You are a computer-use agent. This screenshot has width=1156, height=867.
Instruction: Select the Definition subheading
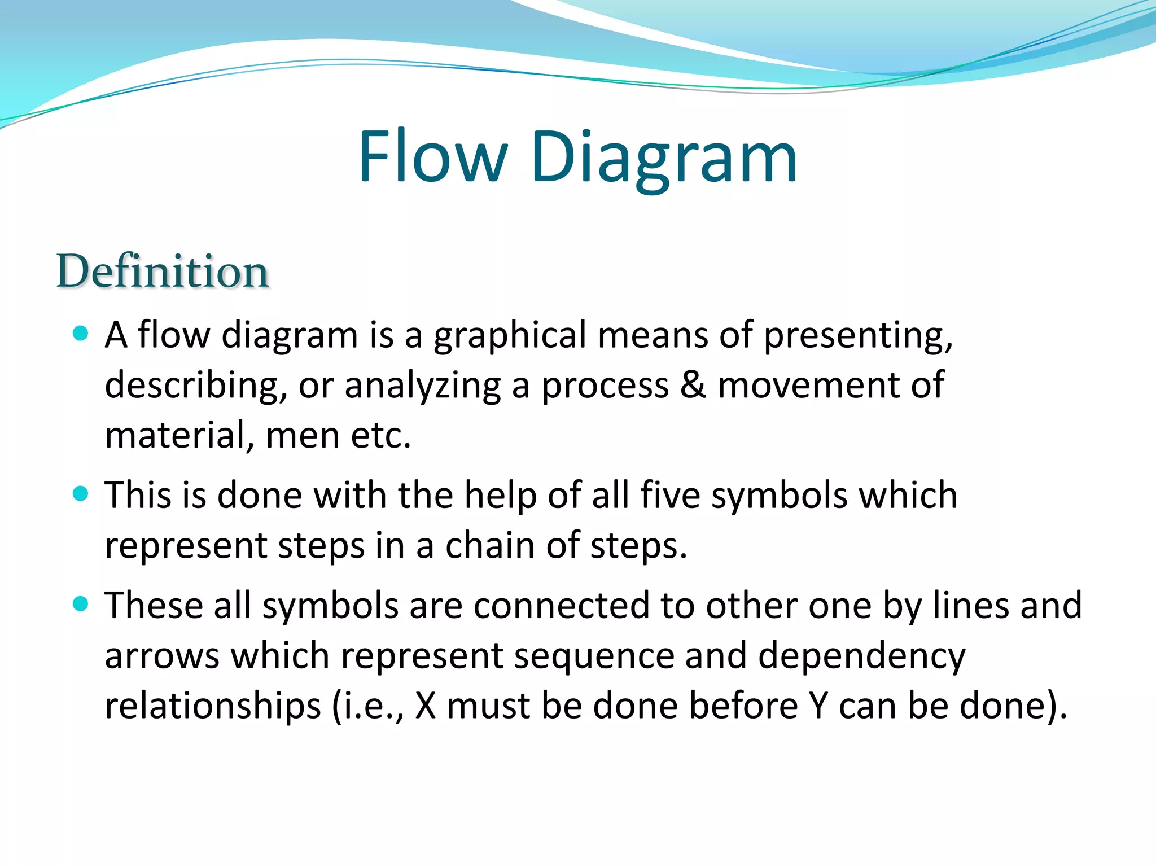(163, 272)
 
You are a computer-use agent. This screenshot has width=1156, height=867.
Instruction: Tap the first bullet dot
(81, 333)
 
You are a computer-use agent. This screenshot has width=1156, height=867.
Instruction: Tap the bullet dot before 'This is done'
(81, 494)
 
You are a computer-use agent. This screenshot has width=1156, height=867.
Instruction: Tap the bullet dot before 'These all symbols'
(81, 605)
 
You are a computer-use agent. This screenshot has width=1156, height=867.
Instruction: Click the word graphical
(510, 336)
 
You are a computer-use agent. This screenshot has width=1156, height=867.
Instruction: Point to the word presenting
(857, 336)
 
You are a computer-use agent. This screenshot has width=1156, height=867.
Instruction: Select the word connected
(561, 606)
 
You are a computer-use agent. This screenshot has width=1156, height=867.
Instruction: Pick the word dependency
(861, 657)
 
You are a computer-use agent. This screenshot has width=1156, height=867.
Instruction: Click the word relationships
(213, 706)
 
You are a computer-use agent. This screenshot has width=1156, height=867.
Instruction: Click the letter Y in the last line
(818, 706)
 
